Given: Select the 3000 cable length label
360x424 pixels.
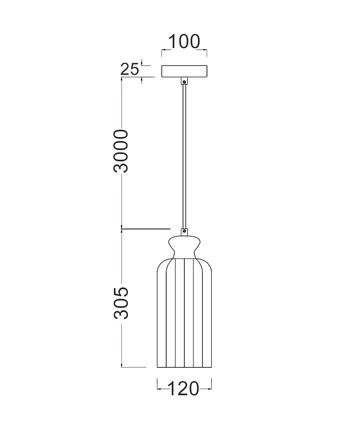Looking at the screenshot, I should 121,150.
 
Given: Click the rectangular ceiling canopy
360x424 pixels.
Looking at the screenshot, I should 185,73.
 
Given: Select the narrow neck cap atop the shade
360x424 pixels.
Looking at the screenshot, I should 185,241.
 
